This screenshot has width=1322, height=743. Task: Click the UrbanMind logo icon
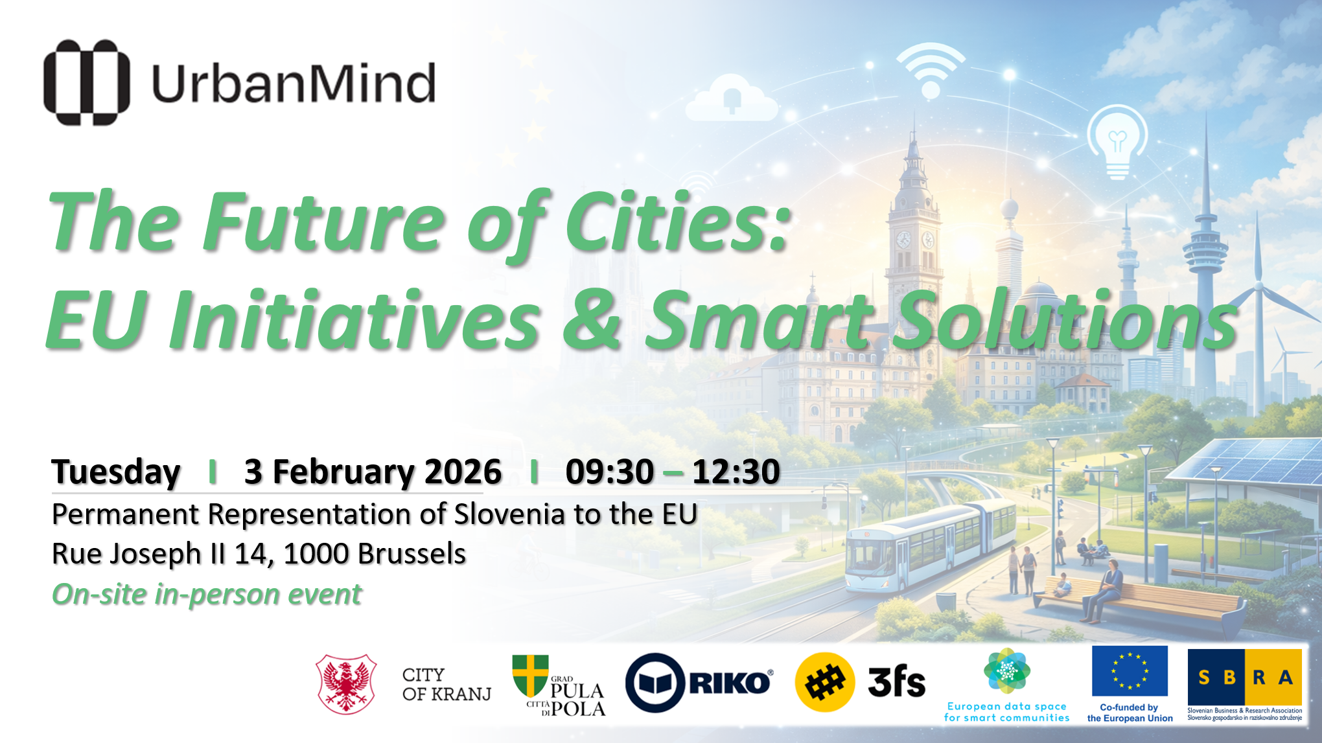coord(86,82)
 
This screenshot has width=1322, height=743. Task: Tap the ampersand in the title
coord(591,319)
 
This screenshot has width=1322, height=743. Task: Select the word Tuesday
coord(116,472)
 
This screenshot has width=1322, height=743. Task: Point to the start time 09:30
coord(609,472)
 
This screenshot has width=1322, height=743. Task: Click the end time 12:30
coord(736,472)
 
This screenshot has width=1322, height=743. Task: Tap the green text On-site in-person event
coord(207,594)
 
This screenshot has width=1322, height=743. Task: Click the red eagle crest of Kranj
coord(346,684)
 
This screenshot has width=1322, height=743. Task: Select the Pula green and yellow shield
coord(530,674)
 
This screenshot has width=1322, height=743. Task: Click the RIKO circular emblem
coord(655,683)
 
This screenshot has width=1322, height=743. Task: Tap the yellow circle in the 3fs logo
coord(824,682)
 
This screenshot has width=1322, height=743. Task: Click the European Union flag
coord(1130,670)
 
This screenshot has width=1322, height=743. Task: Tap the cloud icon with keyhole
coord(732,100)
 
